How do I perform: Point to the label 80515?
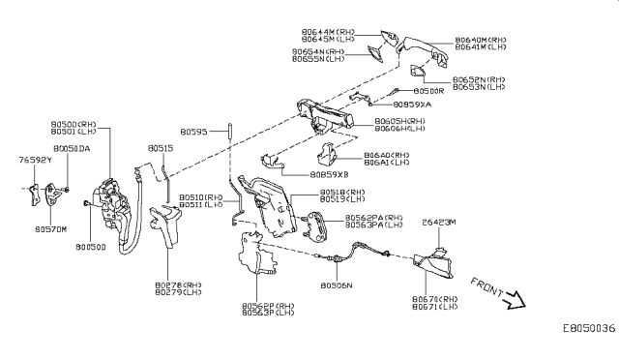[x=161, y=148]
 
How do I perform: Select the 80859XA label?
[x=413, y=104]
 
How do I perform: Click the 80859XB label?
[x=329, y=175]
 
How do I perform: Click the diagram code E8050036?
[x=587, y=329]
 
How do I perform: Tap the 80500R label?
[x=427, y=89]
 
